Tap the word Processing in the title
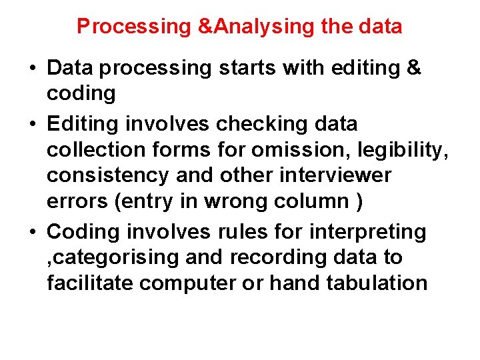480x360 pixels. click(133, 27)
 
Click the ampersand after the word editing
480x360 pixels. click(413, 68)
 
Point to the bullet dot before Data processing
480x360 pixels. click(33, 69)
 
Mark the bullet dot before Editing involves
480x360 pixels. click(33, 125)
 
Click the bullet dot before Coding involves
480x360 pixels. click(33, 233)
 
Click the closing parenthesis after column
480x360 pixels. click(359, 202)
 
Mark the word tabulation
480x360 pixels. click(377, 283)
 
